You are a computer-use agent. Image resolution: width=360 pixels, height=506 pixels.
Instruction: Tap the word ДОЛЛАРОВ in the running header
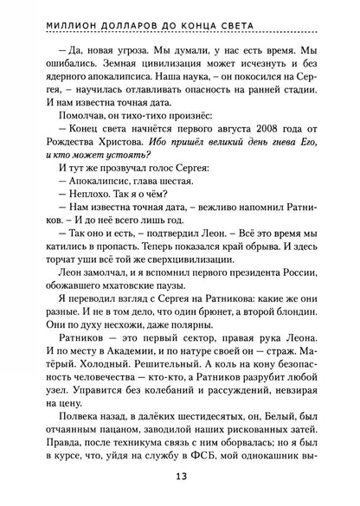point(143,11)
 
